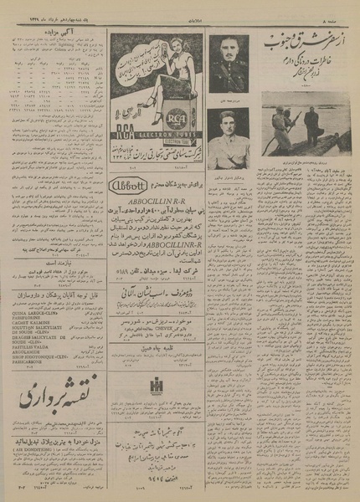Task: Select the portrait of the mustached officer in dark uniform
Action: (x=227, y=61)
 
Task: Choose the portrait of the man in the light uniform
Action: (x=227, y=135)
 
